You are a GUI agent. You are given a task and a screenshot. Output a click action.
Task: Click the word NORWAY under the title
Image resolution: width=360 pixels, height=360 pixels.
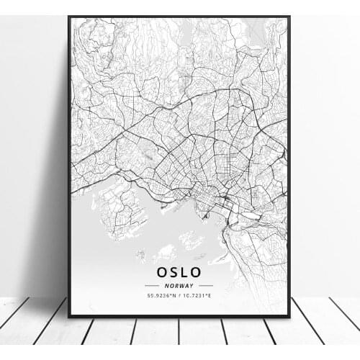point(179,286)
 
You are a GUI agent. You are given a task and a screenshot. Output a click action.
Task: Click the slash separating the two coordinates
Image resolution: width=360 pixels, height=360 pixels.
point(179,295)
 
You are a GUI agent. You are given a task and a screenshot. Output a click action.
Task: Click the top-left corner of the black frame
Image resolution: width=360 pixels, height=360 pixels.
point(69,17)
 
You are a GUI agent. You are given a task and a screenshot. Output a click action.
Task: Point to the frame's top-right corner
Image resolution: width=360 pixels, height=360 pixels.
point(289,17)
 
